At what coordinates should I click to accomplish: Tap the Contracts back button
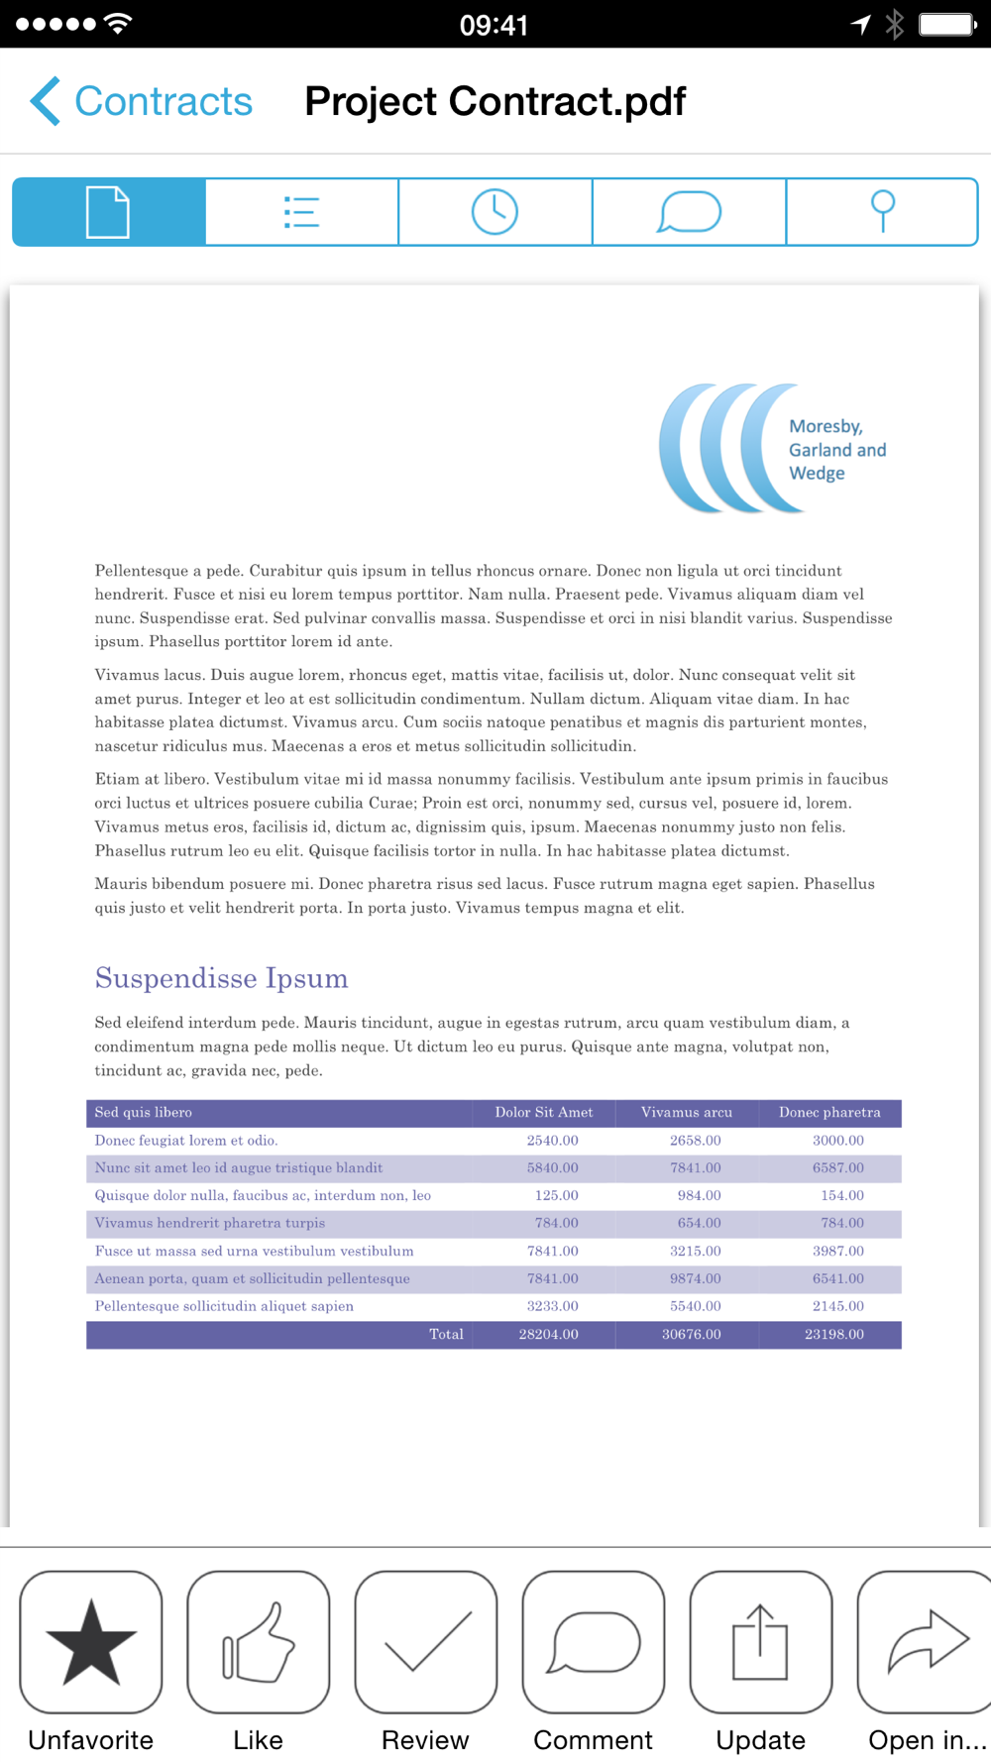(x=142, y=101)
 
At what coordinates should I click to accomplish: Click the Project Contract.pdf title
(x=495, y=101)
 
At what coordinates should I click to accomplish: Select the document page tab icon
(x=108, y=212)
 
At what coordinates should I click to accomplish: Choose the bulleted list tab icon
(x=301, y=212)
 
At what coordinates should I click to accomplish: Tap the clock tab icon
(x=495, y=212)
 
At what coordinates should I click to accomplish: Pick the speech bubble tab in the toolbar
(x=689, y=212)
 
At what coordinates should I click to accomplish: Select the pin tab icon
(x=882, y=212)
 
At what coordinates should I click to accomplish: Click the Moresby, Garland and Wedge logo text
(x=836, y=450)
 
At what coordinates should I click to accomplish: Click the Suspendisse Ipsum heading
(x=221, y=978)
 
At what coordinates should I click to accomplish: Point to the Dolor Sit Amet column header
(x=544, y=1112)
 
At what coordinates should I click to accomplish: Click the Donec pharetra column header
(x=829, y=1112)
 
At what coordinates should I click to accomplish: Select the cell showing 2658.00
(x=695, y=1141)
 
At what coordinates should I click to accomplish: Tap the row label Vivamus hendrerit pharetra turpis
(x=210, y=1223)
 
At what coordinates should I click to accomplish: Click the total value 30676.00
(x=691, y=1335)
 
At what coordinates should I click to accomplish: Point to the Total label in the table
(x=446, y=1335)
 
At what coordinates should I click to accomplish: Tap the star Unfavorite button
(x=91, y=1642)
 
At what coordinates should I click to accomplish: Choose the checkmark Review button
(x=426, y=1642)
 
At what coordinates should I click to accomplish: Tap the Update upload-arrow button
(x=760, y=1642)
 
